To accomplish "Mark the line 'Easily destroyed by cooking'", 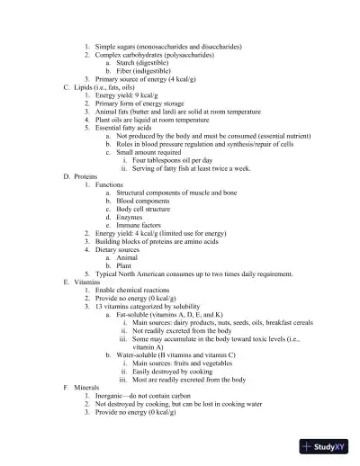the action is coord(179,371).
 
